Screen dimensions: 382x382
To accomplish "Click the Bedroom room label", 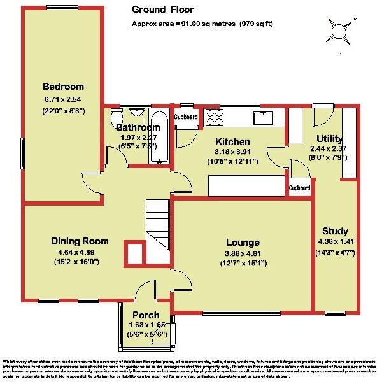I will click(64, 87).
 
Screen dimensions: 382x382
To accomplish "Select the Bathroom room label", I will click(133, 127).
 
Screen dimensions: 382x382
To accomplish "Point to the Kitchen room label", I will click(232, 141).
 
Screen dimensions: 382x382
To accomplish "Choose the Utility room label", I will click(330, 139).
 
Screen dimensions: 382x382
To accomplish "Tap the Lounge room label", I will click(242, 243).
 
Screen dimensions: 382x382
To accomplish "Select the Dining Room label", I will click(80, 241).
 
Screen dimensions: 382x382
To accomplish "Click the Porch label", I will click(145, 316).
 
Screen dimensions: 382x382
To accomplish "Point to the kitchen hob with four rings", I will click(213, 118).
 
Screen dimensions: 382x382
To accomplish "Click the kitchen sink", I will click(262, 117).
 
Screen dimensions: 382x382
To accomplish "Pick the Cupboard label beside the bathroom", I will click(186, 117).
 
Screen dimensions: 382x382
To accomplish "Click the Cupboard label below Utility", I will click(299, 188).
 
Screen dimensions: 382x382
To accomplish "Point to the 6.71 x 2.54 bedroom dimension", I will click(64, 100).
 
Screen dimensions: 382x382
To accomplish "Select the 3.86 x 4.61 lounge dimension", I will click(242, 253).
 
